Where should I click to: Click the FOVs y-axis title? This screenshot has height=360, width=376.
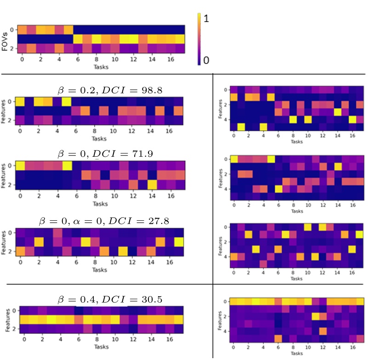(5, 40)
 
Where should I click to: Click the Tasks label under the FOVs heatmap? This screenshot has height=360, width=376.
(99, 67)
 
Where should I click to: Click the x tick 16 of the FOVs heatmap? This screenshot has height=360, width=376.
(171, 59)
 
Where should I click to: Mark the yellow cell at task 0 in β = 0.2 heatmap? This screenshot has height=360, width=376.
(20, 102)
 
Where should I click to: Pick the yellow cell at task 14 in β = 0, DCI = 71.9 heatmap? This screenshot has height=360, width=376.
(152, 185)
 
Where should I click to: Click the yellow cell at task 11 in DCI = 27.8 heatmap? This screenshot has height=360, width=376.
(123, 251)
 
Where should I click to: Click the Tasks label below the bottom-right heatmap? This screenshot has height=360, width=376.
(296, 353)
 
